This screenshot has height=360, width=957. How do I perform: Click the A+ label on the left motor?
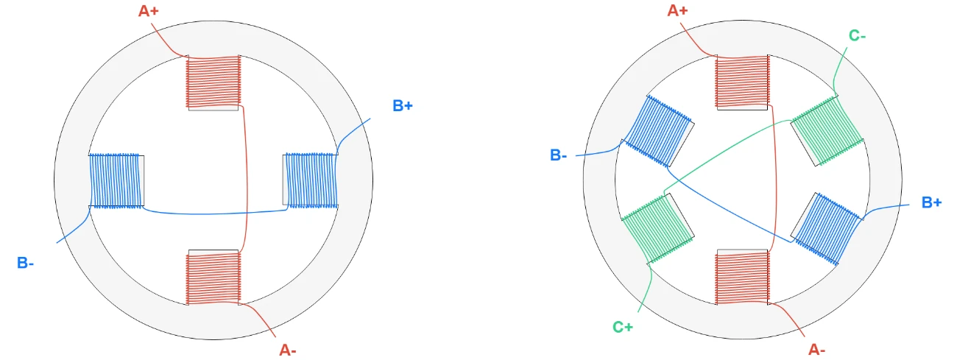pyautogui.click(x=148, y=11)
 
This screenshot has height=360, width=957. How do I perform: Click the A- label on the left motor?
pyautogui.click(x=288, y=350)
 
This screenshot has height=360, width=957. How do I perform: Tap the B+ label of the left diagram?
pyautogui.click(x=403, y=105)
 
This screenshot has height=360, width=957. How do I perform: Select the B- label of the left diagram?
pyautogui.click(x=25, y=263)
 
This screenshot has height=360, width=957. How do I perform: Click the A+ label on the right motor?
pyautogui.click(x=677, y=10)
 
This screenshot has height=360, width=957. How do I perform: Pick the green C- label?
pyautogui.click(x=857, y=35)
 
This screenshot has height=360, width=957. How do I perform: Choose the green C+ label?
pyautogui.click(x=623, y=327)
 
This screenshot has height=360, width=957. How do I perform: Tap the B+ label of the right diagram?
pyautogui.click(x=931, y=202)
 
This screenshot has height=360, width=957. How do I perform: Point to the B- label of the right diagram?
pyautogui.click(x=559, y=155)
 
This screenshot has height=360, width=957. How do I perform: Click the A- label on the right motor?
pyautogui.click(x=816, y=350)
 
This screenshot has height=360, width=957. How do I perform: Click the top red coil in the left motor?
pyautogui.click(x=213, y=82)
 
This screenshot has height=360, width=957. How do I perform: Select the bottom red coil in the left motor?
pyautogui.click(x=213, y=278)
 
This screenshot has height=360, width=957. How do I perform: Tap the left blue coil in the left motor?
pyautogui.click(x=116, y=180)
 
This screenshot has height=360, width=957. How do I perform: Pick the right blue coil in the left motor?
pyautogui.click(x=311, y=180)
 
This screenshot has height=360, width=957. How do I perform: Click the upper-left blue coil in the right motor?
pyautogui.click(x=658, y=131)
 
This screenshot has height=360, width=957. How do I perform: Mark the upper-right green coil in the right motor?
pyautogui.click(x=827, y=131)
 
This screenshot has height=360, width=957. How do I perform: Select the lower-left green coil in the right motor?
pyautogui.click(x=658, y=229)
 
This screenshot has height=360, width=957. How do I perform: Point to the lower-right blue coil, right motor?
pyautogui.click(x=827, y=229)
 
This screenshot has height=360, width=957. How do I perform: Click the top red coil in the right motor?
pyautogui.click(x=742, y=82)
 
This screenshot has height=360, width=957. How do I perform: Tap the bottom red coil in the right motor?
pyautogui.click(x=742, y=278)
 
